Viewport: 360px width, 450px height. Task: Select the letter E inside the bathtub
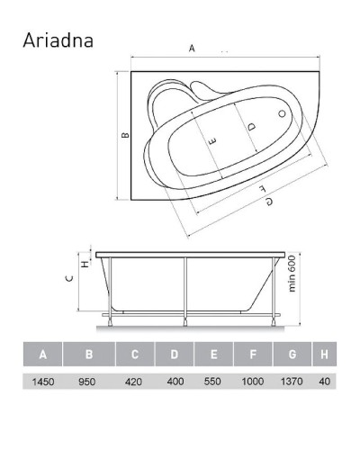point(212,142)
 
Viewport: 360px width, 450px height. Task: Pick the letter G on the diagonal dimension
point(268,202)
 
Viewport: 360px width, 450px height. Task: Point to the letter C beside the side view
point(68,278)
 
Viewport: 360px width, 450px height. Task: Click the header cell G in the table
point(292,355)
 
